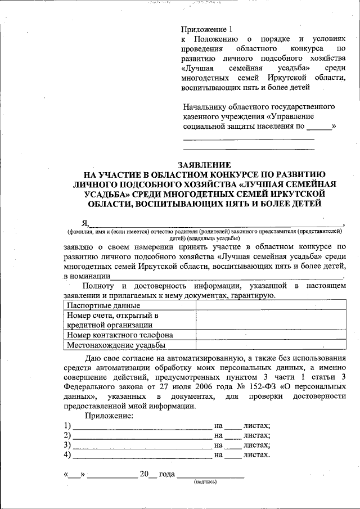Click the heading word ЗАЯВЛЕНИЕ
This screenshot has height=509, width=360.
(x=204, y=165)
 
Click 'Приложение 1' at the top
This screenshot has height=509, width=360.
(x=206, y=29)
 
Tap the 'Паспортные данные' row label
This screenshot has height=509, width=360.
(x=103, y=306)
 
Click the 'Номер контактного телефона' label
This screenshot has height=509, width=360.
(x=120, y=335)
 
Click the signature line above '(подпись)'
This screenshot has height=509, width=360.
(x=210, y=475)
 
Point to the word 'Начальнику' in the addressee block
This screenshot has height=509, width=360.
(x=206, y=107)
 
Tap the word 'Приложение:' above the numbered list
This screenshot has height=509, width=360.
(x=109, y=416)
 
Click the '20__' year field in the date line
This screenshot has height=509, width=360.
(x=148, y=474)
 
